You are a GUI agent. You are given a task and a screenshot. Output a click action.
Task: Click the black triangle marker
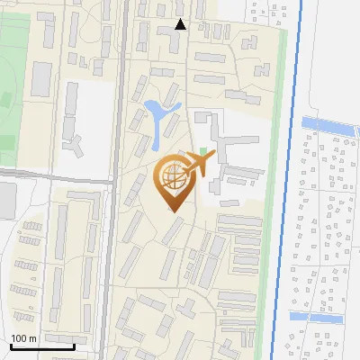click(x=180, y=24)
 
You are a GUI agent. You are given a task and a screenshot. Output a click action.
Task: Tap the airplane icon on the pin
click(x=199, y=164)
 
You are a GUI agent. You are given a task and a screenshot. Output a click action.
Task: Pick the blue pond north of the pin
click(x=159, y=117)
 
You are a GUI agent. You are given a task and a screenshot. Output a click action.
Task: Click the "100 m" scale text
click(x=23, y=338)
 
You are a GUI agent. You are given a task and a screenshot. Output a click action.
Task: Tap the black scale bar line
click(x=42, y=346)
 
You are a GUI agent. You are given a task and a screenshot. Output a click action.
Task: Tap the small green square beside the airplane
click(x=202, y=150)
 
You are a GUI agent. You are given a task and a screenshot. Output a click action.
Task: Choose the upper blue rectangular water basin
click(x=328, y=123)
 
